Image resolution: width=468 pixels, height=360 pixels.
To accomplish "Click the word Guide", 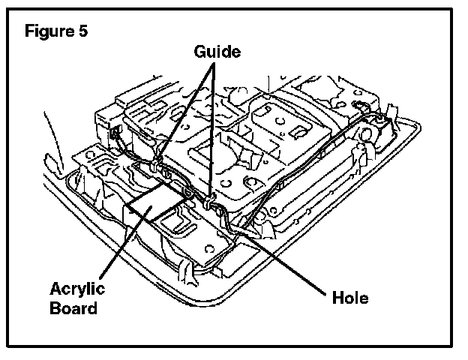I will [217, 52].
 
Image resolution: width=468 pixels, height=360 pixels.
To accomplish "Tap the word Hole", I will [350, 298].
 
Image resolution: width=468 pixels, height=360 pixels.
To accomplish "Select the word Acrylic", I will [78, 290].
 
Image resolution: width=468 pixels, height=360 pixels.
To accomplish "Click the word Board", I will [74, 307].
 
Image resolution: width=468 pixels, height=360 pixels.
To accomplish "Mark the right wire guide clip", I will [208, 200].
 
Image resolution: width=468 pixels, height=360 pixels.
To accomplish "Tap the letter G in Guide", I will [200, 52].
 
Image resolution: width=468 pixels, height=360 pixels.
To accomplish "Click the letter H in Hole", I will [337, 298].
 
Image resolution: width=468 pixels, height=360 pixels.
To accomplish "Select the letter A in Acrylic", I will [55, 290].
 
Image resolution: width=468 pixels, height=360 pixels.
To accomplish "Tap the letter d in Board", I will [93, 307].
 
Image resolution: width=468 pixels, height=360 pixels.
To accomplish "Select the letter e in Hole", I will [364, 298].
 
